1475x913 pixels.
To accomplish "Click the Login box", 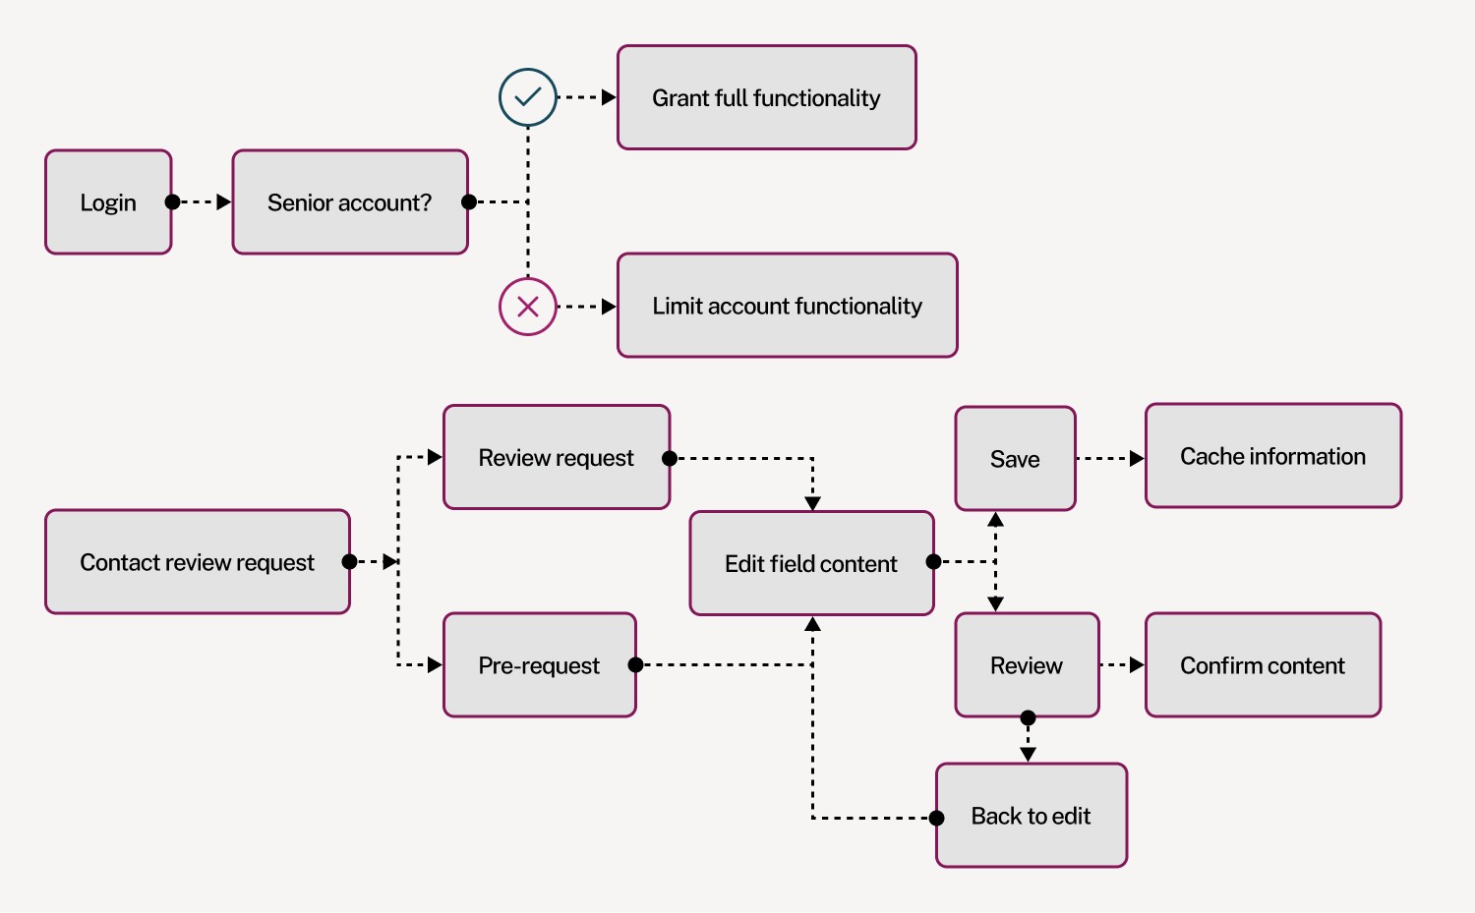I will (108, 202).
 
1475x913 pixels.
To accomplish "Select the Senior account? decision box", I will (349, 202).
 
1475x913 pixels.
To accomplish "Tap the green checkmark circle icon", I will (528, 97).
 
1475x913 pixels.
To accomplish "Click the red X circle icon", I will (528, 307).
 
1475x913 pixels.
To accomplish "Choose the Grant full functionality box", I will (766, 97).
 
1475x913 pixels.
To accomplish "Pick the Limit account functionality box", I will (787, 306).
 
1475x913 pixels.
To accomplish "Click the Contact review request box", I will (197, 562).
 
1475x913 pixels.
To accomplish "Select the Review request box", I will (556, 458).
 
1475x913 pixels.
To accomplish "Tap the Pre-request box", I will (539, 665).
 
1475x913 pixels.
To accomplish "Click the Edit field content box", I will (811, 563).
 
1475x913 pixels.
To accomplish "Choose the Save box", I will (1015, 459).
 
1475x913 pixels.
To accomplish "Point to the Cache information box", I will (1272, 456).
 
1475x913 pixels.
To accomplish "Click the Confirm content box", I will (1263, 665).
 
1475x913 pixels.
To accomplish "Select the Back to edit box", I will (1031, 816).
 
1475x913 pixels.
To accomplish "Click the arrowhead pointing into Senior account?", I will (224, 202).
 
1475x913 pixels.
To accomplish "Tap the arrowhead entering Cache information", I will (1137, 458).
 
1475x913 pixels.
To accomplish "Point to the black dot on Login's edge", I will (172, 202).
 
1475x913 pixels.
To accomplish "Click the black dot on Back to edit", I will (937, 818).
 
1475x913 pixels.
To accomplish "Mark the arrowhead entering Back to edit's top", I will (1028, 755).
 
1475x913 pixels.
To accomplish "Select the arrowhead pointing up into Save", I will (995, 519).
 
